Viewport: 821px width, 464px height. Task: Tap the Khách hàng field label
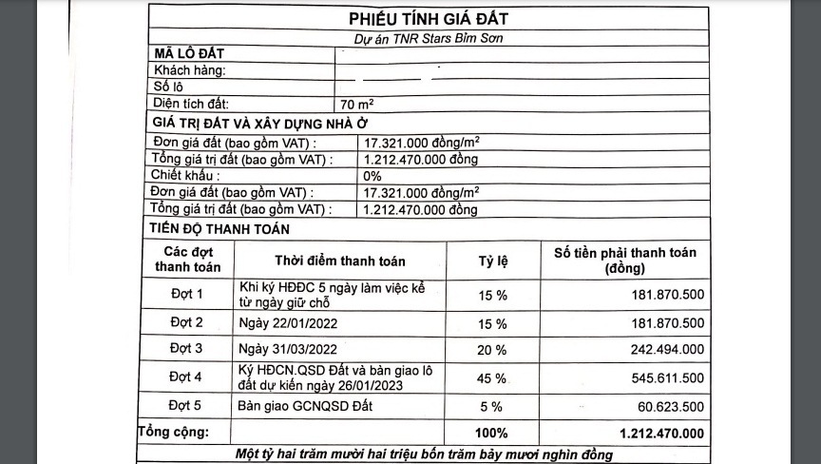click(x=189, y=71)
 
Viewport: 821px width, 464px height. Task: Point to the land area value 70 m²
click(x=357, y=104)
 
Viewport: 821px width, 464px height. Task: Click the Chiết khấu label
click(x=185, y=176)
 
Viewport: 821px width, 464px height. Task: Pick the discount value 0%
click(x=372, y=176)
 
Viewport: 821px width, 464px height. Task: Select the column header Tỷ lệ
click(x=492, y=261)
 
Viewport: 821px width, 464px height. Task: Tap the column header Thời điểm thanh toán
click(x=340, y=261)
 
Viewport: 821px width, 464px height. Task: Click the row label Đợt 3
click(x=186, y=349)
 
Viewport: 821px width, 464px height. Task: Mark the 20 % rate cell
click(x=492, y=349)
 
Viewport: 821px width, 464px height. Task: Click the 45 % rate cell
click(x=492, y=378)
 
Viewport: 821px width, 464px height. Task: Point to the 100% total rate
click(x=492, y=433)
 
